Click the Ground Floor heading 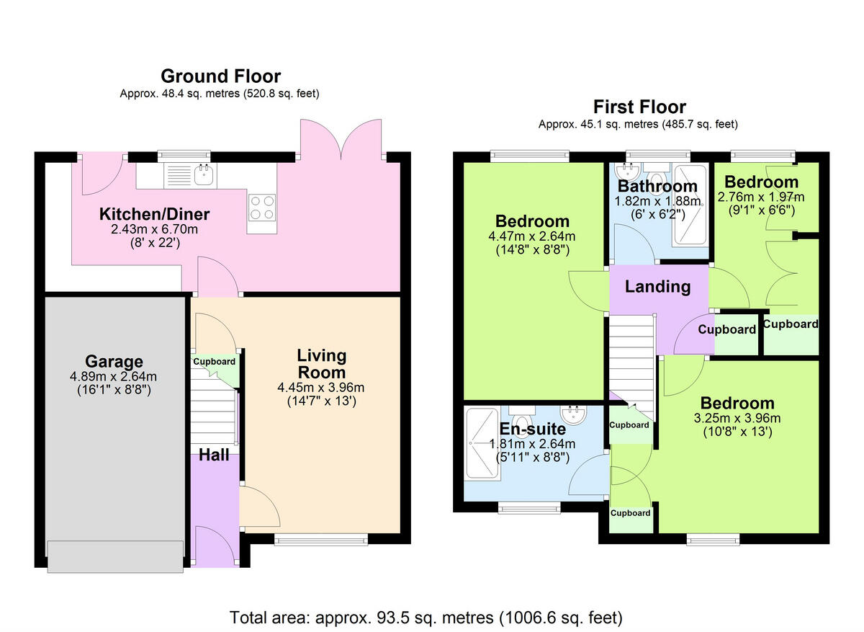(x=220, y=76)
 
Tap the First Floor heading (x=639, y=107)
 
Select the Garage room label (x=114, y=362)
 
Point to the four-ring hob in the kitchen (x=262, y=208)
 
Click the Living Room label (x=321, y=364)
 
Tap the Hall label (x=214, y=455)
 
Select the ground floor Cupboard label (x=214, y=362)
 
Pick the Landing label (x=657, y=287)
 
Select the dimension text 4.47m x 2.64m (x=531, y=236)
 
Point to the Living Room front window (x=321, y=538)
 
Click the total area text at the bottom (x=426, y=618)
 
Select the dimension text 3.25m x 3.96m (x=737, y=418)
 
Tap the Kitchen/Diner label (x=154, y=214)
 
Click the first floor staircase (x=631, y=368)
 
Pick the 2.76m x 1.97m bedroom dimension (x=761, y=196)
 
